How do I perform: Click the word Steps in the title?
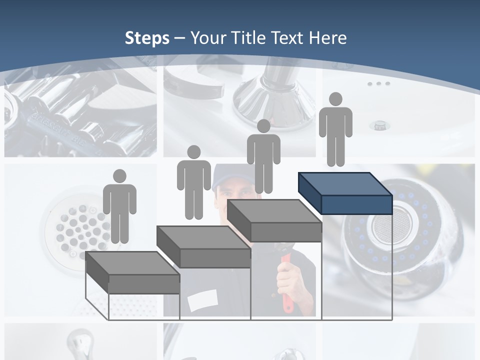point(147,38)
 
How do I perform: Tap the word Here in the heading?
point(328,38)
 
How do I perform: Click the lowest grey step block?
point(132,273)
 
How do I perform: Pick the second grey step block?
point(204,247)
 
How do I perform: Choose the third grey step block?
point(274,220)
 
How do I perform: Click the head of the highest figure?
point(335,99)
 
